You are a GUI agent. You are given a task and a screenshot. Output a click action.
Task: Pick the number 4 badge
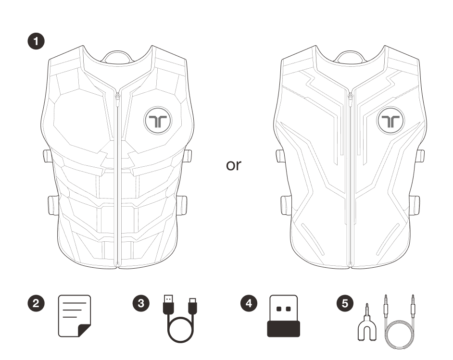pos(248,303)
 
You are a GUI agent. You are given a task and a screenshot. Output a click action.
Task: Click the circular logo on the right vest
pos(390,121)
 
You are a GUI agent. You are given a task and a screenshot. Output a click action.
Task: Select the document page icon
pos(74,315)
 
